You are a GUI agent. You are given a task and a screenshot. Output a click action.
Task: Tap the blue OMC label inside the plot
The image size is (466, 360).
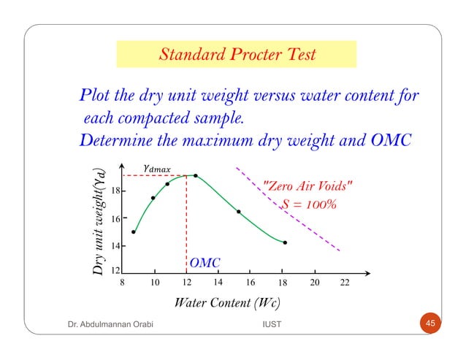(205, 262)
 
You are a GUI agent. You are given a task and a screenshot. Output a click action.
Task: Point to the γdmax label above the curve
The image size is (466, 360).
(156, 168)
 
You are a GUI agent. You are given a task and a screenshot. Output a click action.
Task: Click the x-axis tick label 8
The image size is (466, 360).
(123, 282)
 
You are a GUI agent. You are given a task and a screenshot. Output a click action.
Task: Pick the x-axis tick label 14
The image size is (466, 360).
(217, 282)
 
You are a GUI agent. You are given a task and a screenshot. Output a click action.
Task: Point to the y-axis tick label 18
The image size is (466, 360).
(115, 191)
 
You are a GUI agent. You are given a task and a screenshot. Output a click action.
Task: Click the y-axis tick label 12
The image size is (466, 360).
(115, 271)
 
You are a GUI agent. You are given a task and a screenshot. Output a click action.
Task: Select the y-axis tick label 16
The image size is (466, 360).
(115, 218)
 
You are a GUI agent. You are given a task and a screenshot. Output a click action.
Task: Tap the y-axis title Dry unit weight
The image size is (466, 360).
(99, 223)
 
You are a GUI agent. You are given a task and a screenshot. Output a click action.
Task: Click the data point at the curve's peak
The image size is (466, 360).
(195, 175)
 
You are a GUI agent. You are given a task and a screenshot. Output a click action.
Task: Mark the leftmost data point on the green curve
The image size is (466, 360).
(133, 232)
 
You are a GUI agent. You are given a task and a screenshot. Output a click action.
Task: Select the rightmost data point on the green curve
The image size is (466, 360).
(285, 242)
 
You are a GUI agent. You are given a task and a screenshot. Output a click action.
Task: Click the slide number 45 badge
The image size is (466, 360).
(430, 323)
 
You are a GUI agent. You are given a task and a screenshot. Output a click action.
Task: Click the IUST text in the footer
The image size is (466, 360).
(271, 324)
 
